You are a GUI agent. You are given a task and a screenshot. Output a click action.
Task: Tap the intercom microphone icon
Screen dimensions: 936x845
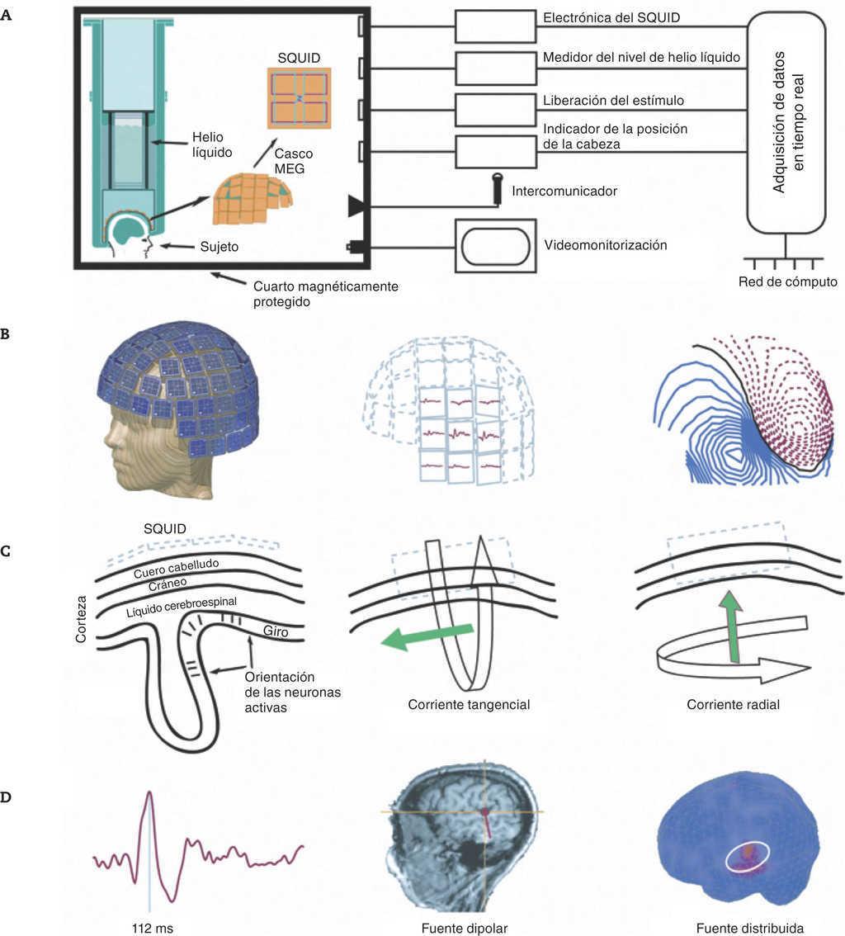click(x=498, y=187)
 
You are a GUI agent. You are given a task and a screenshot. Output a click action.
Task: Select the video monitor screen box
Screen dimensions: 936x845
click(x=496, y=245)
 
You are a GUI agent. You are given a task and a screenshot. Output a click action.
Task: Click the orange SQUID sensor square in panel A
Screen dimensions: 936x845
click(x=299, y=98)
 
